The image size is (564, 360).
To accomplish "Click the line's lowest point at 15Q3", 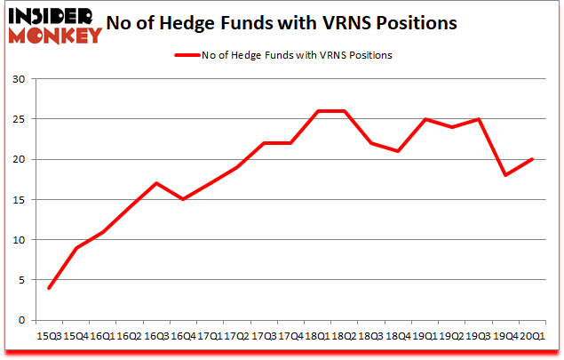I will (x=49, y=288).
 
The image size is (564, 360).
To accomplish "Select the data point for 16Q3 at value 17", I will (x=156, y=183).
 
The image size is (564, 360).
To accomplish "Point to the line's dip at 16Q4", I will (x=183, y=199).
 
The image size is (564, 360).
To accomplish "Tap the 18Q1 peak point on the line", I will (x=317, y=111).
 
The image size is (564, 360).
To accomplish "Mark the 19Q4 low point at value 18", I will (x=504, y=175).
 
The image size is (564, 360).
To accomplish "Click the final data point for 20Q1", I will (x=531, y=159).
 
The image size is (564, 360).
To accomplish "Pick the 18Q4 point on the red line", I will (x=398, y=151).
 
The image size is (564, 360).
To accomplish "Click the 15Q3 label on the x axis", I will (x=49, y=336).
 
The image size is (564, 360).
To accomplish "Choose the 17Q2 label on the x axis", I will (x=236, y=336).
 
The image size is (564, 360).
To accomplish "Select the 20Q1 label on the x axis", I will (x=531, y=336).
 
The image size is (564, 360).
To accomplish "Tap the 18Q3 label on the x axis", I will (x=370, y=336).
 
